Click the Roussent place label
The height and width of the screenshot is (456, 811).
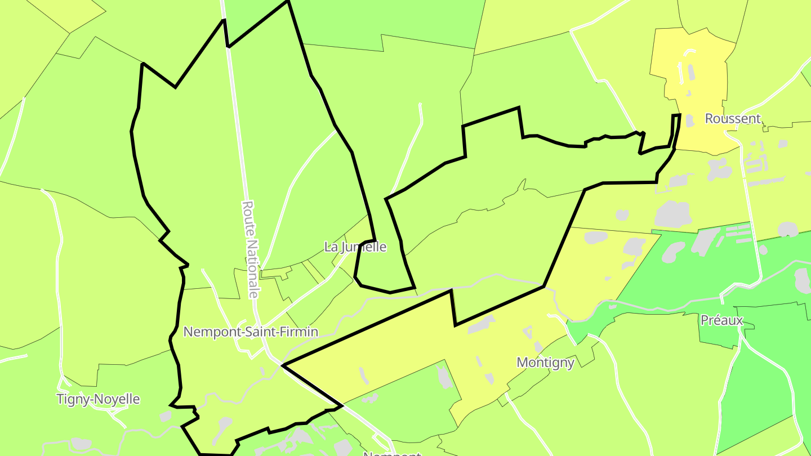click(x=733, y=119)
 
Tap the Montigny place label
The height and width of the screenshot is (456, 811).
click(x=545, y=363)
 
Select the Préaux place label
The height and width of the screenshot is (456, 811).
click(x=721, y=320)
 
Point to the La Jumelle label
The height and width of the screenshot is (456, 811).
click(x=355, y=247)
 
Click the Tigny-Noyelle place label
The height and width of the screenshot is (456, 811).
click(x=98, y=399)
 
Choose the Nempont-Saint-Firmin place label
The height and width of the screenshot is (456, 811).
click(x=251, y=332)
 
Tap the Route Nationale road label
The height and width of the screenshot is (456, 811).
click(x=251, y=249)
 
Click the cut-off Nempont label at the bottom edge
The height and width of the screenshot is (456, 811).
click(x=392, y=453)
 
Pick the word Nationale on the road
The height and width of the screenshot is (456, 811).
click(x=253, y=267)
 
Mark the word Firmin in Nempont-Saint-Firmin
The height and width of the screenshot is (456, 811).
click(x=300, y=332)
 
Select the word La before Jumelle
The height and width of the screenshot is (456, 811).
click(x=331, y=247)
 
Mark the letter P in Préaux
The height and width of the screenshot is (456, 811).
click(x=705, y=320)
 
